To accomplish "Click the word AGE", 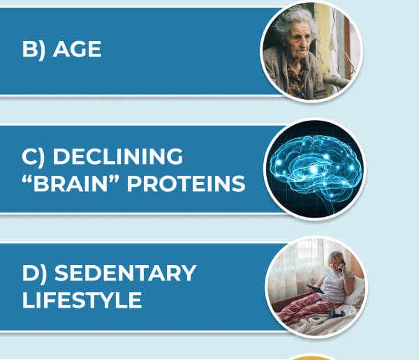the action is pos(78,49).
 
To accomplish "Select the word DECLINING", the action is pos(118,156).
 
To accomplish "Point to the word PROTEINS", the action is pos(186,183).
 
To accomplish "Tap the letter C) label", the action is pos(34,157).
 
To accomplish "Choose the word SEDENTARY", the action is pos(125,273).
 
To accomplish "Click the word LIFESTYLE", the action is pos(82,300).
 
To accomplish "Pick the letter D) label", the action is pos(34,273).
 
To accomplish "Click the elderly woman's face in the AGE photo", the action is pos(300,40).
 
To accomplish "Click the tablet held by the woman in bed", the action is pos(316,289).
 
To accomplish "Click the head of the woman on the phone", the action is pos(337,260).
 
